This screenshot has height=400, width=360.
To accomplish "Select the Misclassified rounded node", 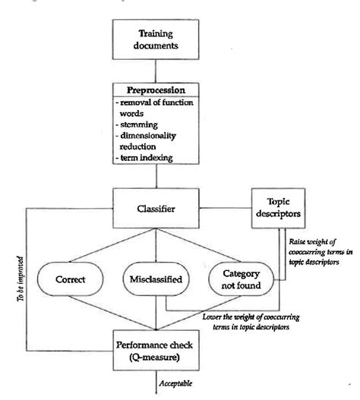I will coord(156,279).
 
